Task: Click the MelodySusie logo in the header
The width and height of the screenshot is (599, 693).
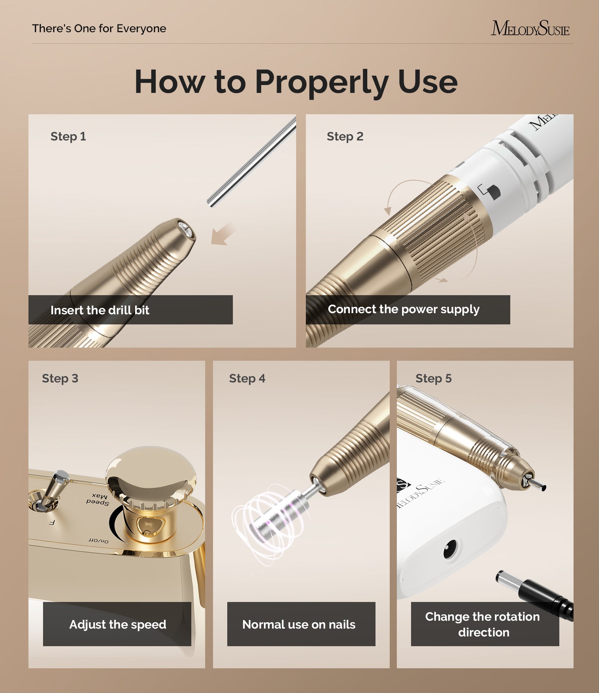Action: click(530, 28)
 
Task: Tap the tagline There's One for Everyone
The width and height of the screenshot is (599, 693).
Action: click(99, 28)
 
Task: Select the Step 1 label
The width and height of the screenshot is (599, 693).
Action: click(68, 136)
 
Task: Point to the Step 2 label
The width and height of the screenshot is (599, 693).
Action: click(345, 136)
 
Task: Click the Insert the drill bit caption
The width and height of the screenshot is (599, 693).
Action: click(100, 310)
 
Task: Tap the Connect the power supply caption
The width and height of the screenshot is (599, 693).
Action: click(404, 309)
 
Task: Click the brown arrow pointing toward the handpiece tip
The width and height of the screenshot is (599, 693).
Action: click(223, 234)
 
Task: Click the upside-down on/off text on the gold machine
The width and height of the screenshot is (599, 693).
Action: click(98, 541)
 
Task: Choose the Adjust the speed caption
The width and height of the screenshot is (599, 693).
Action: click(118, 624)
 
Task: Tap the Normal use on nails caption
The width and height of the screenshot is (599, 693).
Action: click(299, 624)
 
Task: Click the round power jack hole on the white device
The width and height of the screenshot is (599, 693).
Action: click(450, 550)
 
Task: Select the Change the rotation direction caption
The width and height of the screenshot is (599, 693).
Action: click(483, 624)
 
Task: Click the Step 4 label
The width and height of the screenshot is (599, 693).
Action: click(247, 378)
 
